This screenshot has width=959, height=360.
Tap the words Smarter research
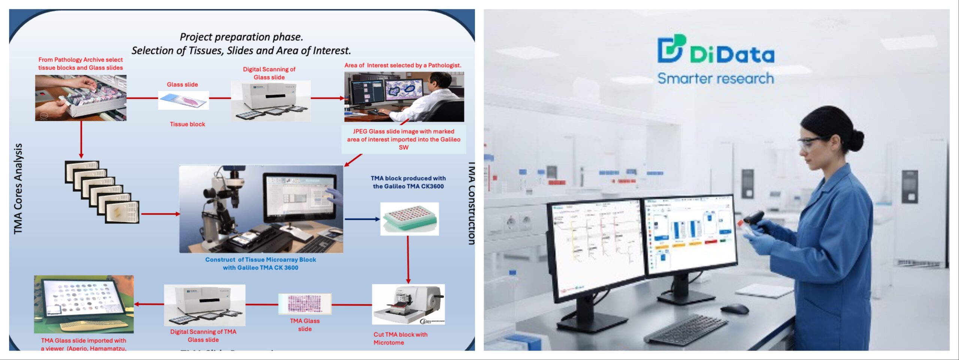(x=716, y=79)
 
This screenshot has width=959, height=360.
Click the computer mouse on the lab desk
(x=734, y=309)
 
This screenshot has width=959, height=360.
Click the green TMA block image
(x=409, y=219)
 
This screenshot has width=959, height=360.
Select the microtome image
(x=408, y=304)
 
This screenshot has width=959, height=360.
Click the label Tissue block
(x=187, y=124)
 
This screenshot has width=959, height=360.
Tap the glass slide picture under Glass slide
(x=183, y=100)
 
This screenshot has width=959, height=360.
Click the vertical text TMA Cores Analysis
(x=18, y=189)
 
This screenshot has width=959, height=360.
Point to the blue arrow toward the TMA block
(x=361, y=219)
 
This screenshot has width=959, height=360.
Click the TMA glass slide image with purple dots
(x=305, y=303)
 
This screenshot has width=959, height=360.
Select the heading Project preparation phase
(x=241, y=37)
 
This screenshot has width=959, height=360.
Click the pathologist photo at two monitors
(x=404, y=97)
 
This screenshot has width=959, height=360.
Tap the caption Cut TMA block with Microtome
(x=400, y=338)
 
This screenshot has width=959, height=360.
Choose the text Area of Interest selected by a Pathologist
(x=403, y=65)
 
